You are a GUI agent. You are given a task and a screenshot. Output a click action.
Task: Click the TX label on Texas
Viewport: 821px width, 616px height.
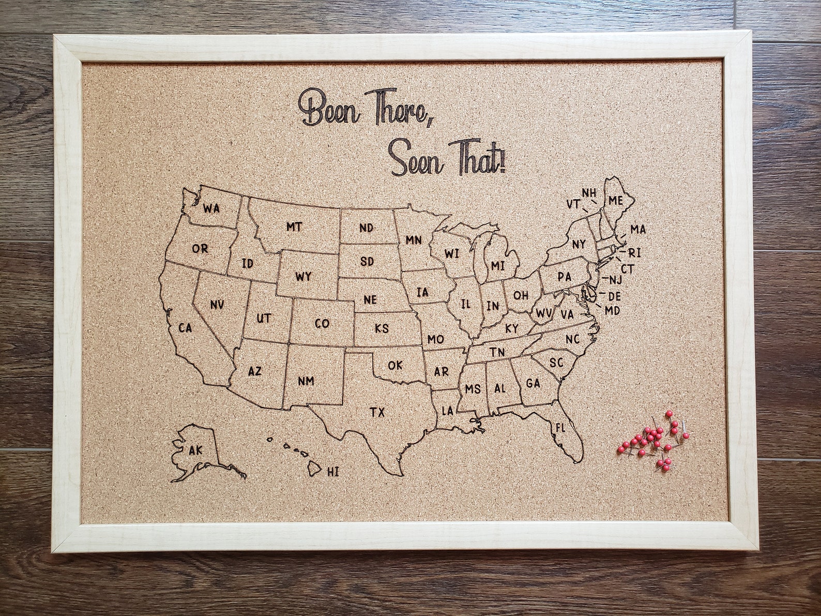377,412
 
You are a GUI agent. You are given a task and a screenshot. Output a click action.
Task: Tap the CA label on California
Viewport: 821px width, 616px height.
185,328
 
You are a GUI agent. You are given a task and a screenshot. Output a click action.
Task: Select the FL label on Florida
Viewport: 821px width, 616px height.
560,428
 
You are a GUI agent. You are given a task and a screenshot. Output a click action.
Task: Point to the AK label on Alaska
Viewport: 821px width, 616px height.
196,450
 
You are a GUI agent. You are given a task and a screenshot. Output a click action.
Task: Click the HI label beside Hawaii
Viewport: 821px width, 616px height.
333,471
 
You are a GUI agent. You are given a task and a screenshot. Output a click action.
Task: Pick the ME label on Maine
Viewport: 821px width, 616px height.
615,201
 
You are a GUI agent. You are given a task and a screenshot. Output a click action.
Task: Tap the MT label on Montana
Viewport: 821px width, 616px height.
294,227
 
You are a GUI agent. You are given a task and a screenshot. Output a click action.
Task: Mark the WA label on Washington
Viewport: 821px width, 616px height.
211,208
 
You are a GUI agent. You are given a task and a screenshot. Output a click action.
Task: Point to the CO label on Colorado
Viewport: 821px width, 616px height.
322,324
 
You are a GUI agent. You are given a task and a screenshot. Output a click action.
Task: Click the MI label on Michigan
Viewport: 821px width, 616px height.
497,266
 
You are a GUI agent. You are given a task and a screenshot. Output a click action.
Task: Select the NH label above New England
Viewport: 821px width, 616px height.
588,192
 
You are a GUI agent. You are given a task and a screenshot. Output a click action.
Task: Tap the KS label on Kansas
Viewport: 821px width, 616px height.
382,328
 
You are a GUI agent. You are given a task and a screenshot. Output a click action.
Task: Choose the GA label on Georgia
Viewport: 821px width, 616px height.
533,383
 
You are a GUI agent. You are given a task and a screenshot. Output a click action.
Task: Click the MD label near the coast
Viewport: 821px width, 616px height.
612,310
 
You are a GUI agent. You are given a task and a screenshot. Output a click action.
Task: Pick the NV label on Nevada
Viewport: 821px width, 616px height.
217,305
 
